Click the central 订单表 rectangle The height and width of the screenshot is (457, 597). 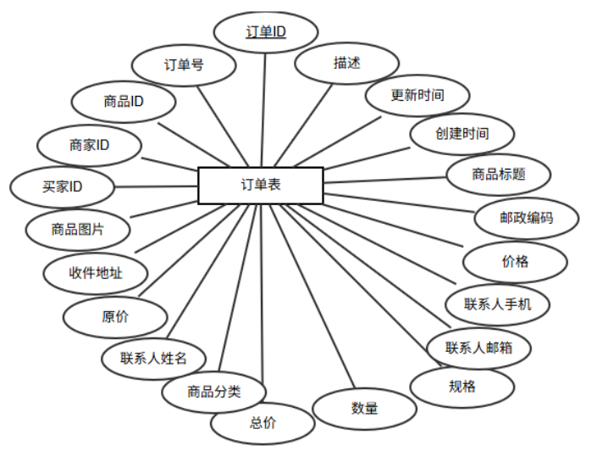tap(261, 186)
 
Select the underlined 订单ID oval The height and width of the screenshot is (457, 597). tap(265, 32)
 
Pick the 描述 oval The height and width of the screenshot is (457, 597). tap(346, 62)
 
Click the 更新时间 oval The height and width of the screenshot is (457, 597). tap(417, 95)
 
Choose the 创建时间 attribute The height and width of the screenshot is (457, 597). tap(462, 134)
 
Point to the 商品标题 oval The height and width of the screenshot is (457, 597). tap(499, 175)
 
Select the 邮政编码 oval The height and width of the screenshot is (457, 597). tap(526, 218)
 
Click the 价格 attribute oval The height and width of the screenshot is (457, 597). tap(515, 261)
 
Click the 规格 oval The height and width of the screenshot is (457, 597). tap(462, 387)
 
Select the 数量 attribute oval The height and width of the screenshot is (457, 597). tap(364, 408)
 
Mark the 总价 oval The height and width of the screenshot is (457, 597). tap(263, 423)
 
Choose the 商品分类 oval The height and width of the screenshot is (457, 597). tap(214, 391)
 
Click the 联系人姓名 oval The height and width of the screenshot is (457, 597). tap(152, 358)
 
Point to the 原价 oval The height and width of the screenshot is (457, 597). tap(115, 317)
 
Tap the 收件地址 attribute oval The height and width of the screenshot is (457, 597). tap(96, 273)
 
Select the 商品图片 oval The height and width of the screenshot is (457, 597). tap(78, 228)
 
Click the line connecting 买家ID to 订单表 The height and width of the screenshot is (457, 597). tap(156, 186)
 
